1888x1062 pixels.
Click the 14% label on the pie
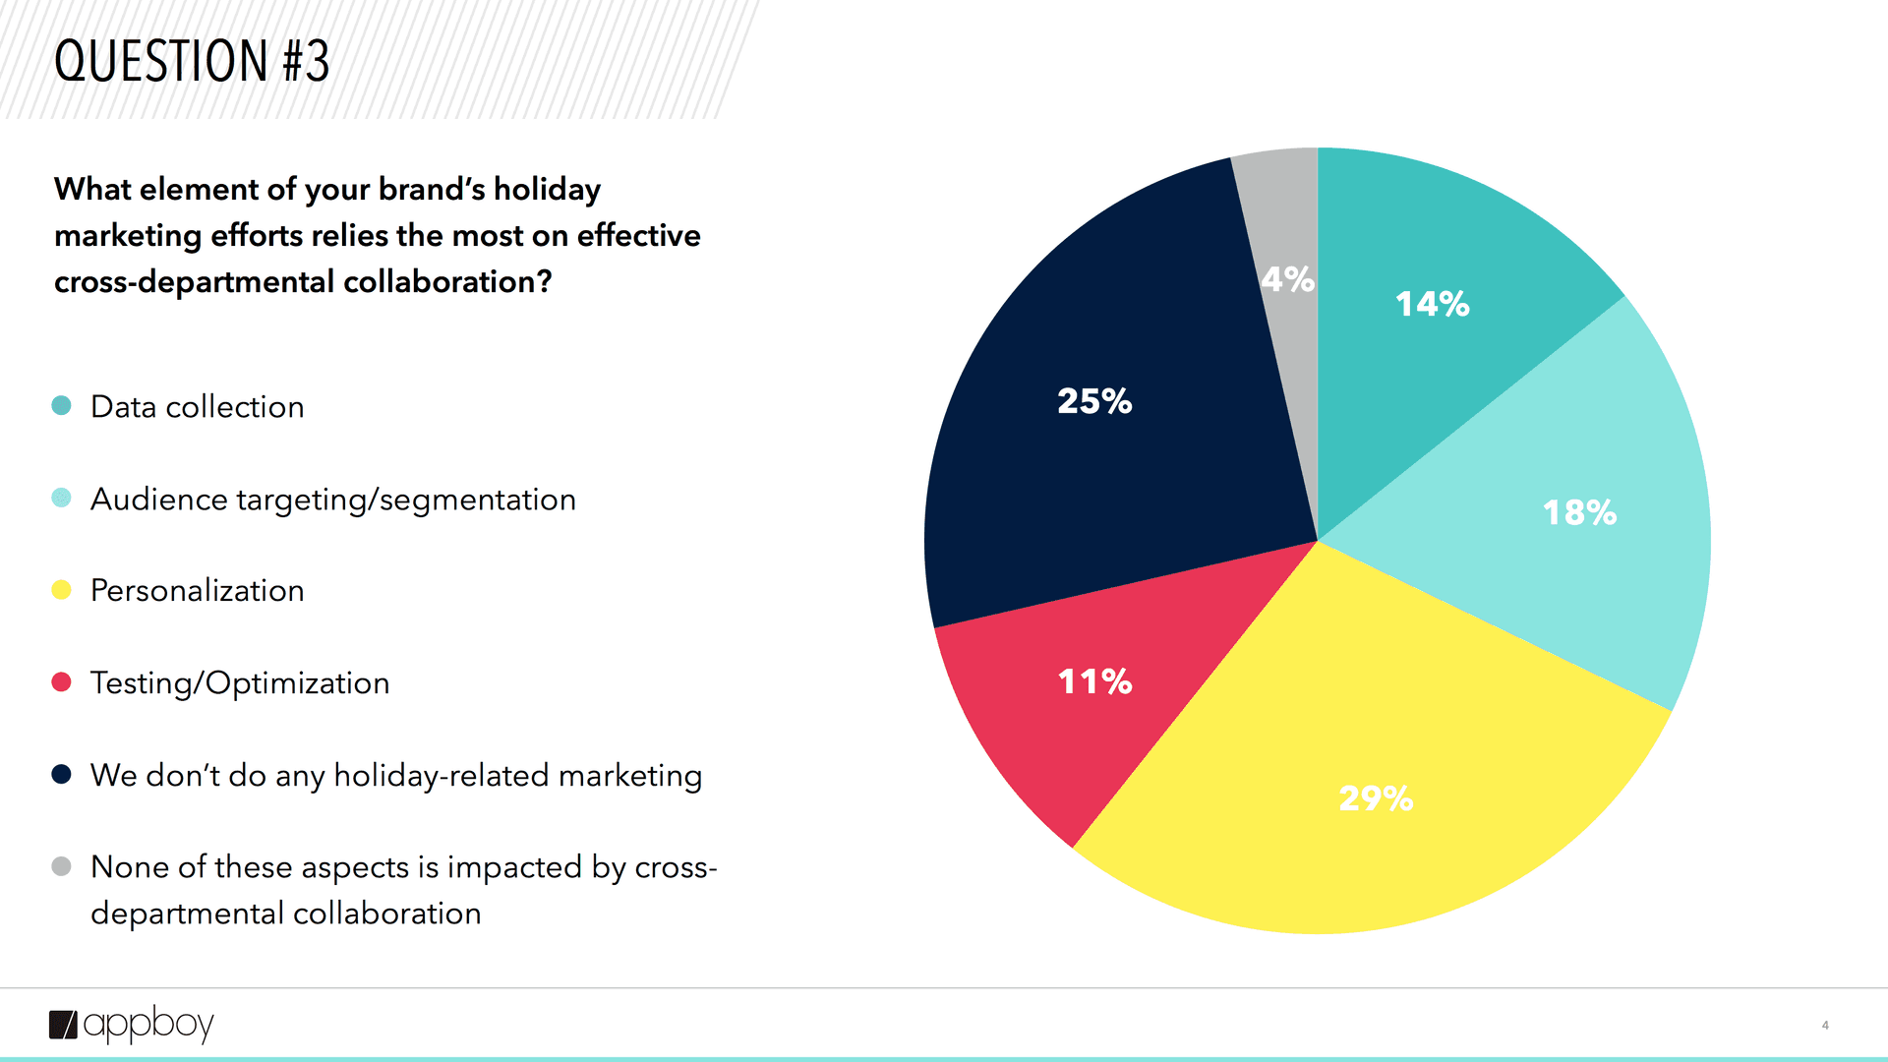(1432, 304)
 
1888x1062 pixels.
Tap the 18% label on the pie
(1579, 512)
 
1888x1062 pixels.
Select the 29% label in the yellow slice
(1376, 798)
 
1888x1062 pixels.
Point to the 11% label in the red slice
(1094, 681)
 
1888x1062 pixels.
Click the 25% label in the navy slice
(1094, 401)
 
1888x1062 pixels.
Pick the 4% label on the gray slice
(1287, 279)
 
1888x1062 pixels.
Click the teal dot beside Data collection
(61, 405)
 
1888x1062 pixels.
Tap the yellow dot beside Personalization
(61, 590)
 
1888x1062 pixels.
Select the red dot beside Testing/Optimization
(61, 682)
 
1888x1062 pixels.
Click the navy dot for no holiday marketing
(61, 775)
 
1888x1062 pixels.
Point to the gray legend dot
(61, 866)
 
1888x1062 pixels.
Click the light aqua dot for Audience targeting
(61, 498)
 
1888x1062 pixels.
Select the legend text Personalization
(197, 591)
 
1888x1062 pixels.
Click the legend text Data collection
(197, 407)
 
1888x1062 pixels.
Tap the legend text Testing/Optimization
(240, 683)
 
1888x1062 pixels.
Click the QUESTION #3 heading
(192, 61)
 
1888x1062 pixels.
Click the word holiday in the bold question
(547, 189)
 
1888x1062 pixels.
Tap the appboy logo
(132, 1025)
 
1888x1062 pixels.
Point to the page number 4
(1825, 1025)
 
